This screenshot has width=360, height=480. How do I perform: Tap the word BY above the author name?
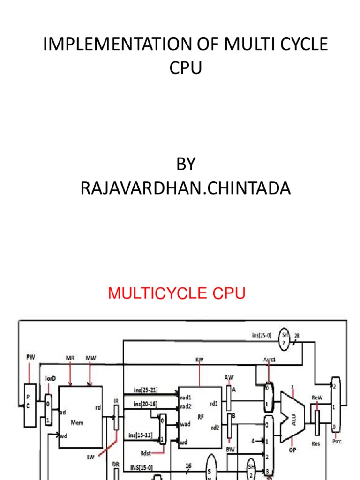tap(185, 165)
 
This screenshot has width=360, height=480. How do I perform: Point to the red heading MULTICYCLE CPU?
tap(177, 294)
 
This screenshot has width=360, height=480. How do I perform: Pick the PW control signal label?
tap(30, 358)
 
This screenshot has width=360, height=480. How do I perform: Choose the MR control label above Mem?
tap(70, 358)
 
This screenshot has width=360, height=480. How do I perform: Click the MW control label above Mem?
tap(90, 358)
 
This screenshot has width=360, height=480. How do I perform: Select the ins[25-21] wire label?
tap(145, 390)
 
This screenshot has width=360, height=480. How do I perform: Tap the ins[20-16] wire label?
tap(145, 404)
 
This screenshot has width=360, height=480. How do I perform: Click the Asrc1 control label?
tap(270, 360)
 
